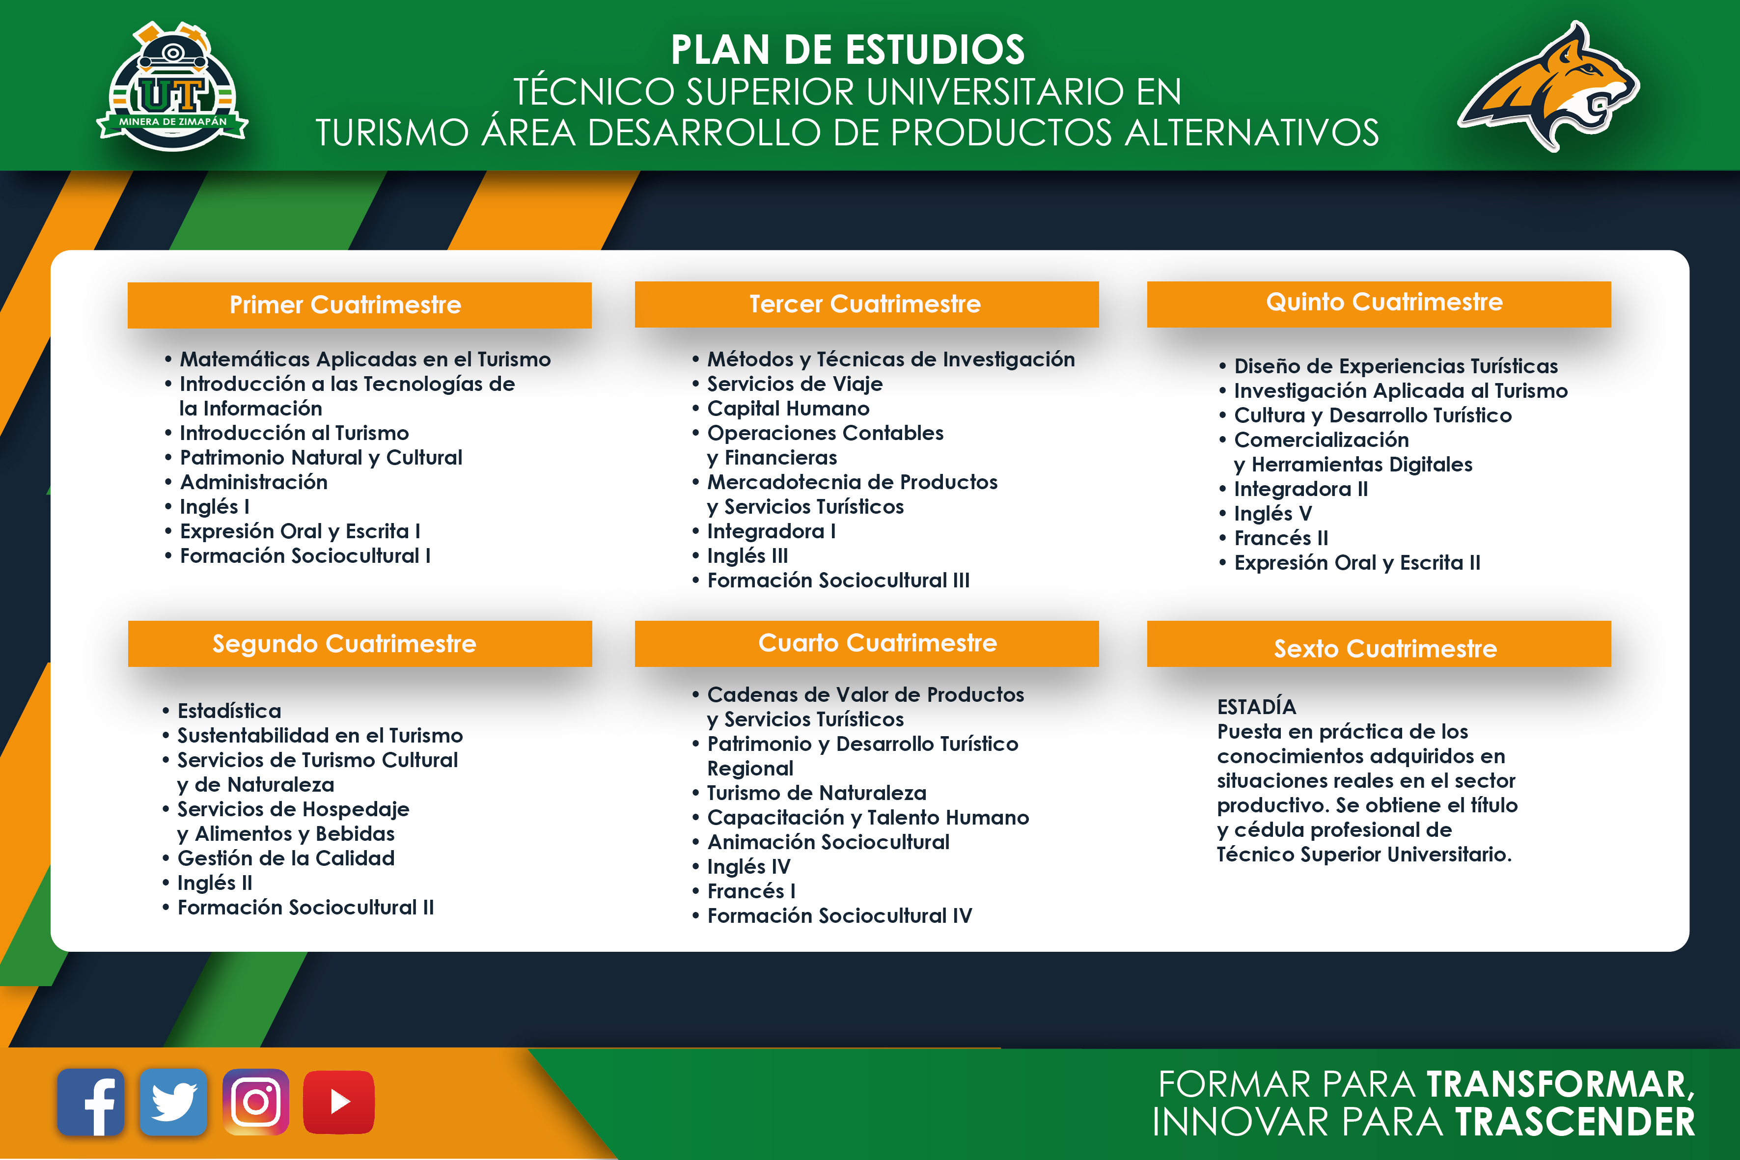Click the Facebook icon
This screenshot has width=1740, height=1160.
click(90, 1102)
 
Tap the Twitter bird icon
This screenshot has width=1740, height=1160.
click(173, 1102)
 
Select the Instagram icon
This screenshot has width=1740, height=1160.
click(256, 1102)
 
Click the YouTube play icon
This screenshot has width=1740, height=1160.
click(339, 1102)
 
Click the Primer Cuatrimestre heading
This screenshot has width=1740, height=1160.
click(345, 305)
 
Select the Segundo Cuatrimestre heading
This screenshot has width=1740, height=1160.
click(345, 644)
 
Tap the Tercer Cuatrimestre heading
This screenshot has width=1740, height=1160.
click(865, 304)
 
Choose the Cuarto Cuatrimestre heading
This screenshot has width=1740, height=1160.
click(878, 642)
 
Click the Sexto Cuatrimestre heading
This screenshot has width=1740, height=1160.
click(1385, 649)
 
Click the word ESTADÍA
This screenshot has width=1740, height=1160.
click(1256, 707)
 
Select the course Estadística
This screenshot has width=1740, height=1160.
click(229, 711)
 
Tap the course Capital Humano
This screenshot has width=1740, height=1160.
click(788, 409)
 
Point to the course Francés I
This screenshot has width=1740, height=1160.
click(751, 891)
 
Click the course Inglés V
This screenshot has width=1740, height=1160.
click(1272, 513)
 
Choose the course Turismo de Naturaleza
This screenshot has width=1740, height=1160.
click(817, 793)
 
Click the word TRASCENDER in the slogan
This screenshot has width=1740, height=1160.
click(1575, 1122)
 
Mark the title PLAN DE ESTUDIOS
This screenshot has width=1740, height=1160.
click(848, 50)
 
